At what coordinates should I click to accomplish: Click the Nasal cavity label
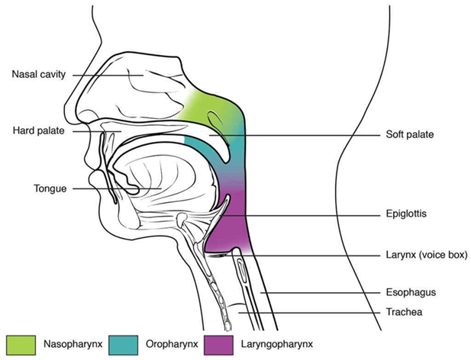[38, 74]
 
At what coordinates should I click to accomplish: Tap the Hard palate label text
[37, 130]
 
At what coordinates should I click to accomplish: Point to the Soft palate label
[409, 135]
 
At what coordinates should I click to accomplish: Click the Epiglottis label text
[406, 215]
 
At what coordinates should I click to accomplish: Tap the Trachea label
[405, 311]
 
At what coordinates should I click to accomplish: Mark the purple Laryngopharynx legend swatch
[225, 343]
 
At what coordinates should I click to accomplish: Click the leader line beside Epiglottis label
[305, 216]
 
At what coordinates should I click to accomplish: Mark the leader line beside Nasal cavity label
[115, 75]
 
